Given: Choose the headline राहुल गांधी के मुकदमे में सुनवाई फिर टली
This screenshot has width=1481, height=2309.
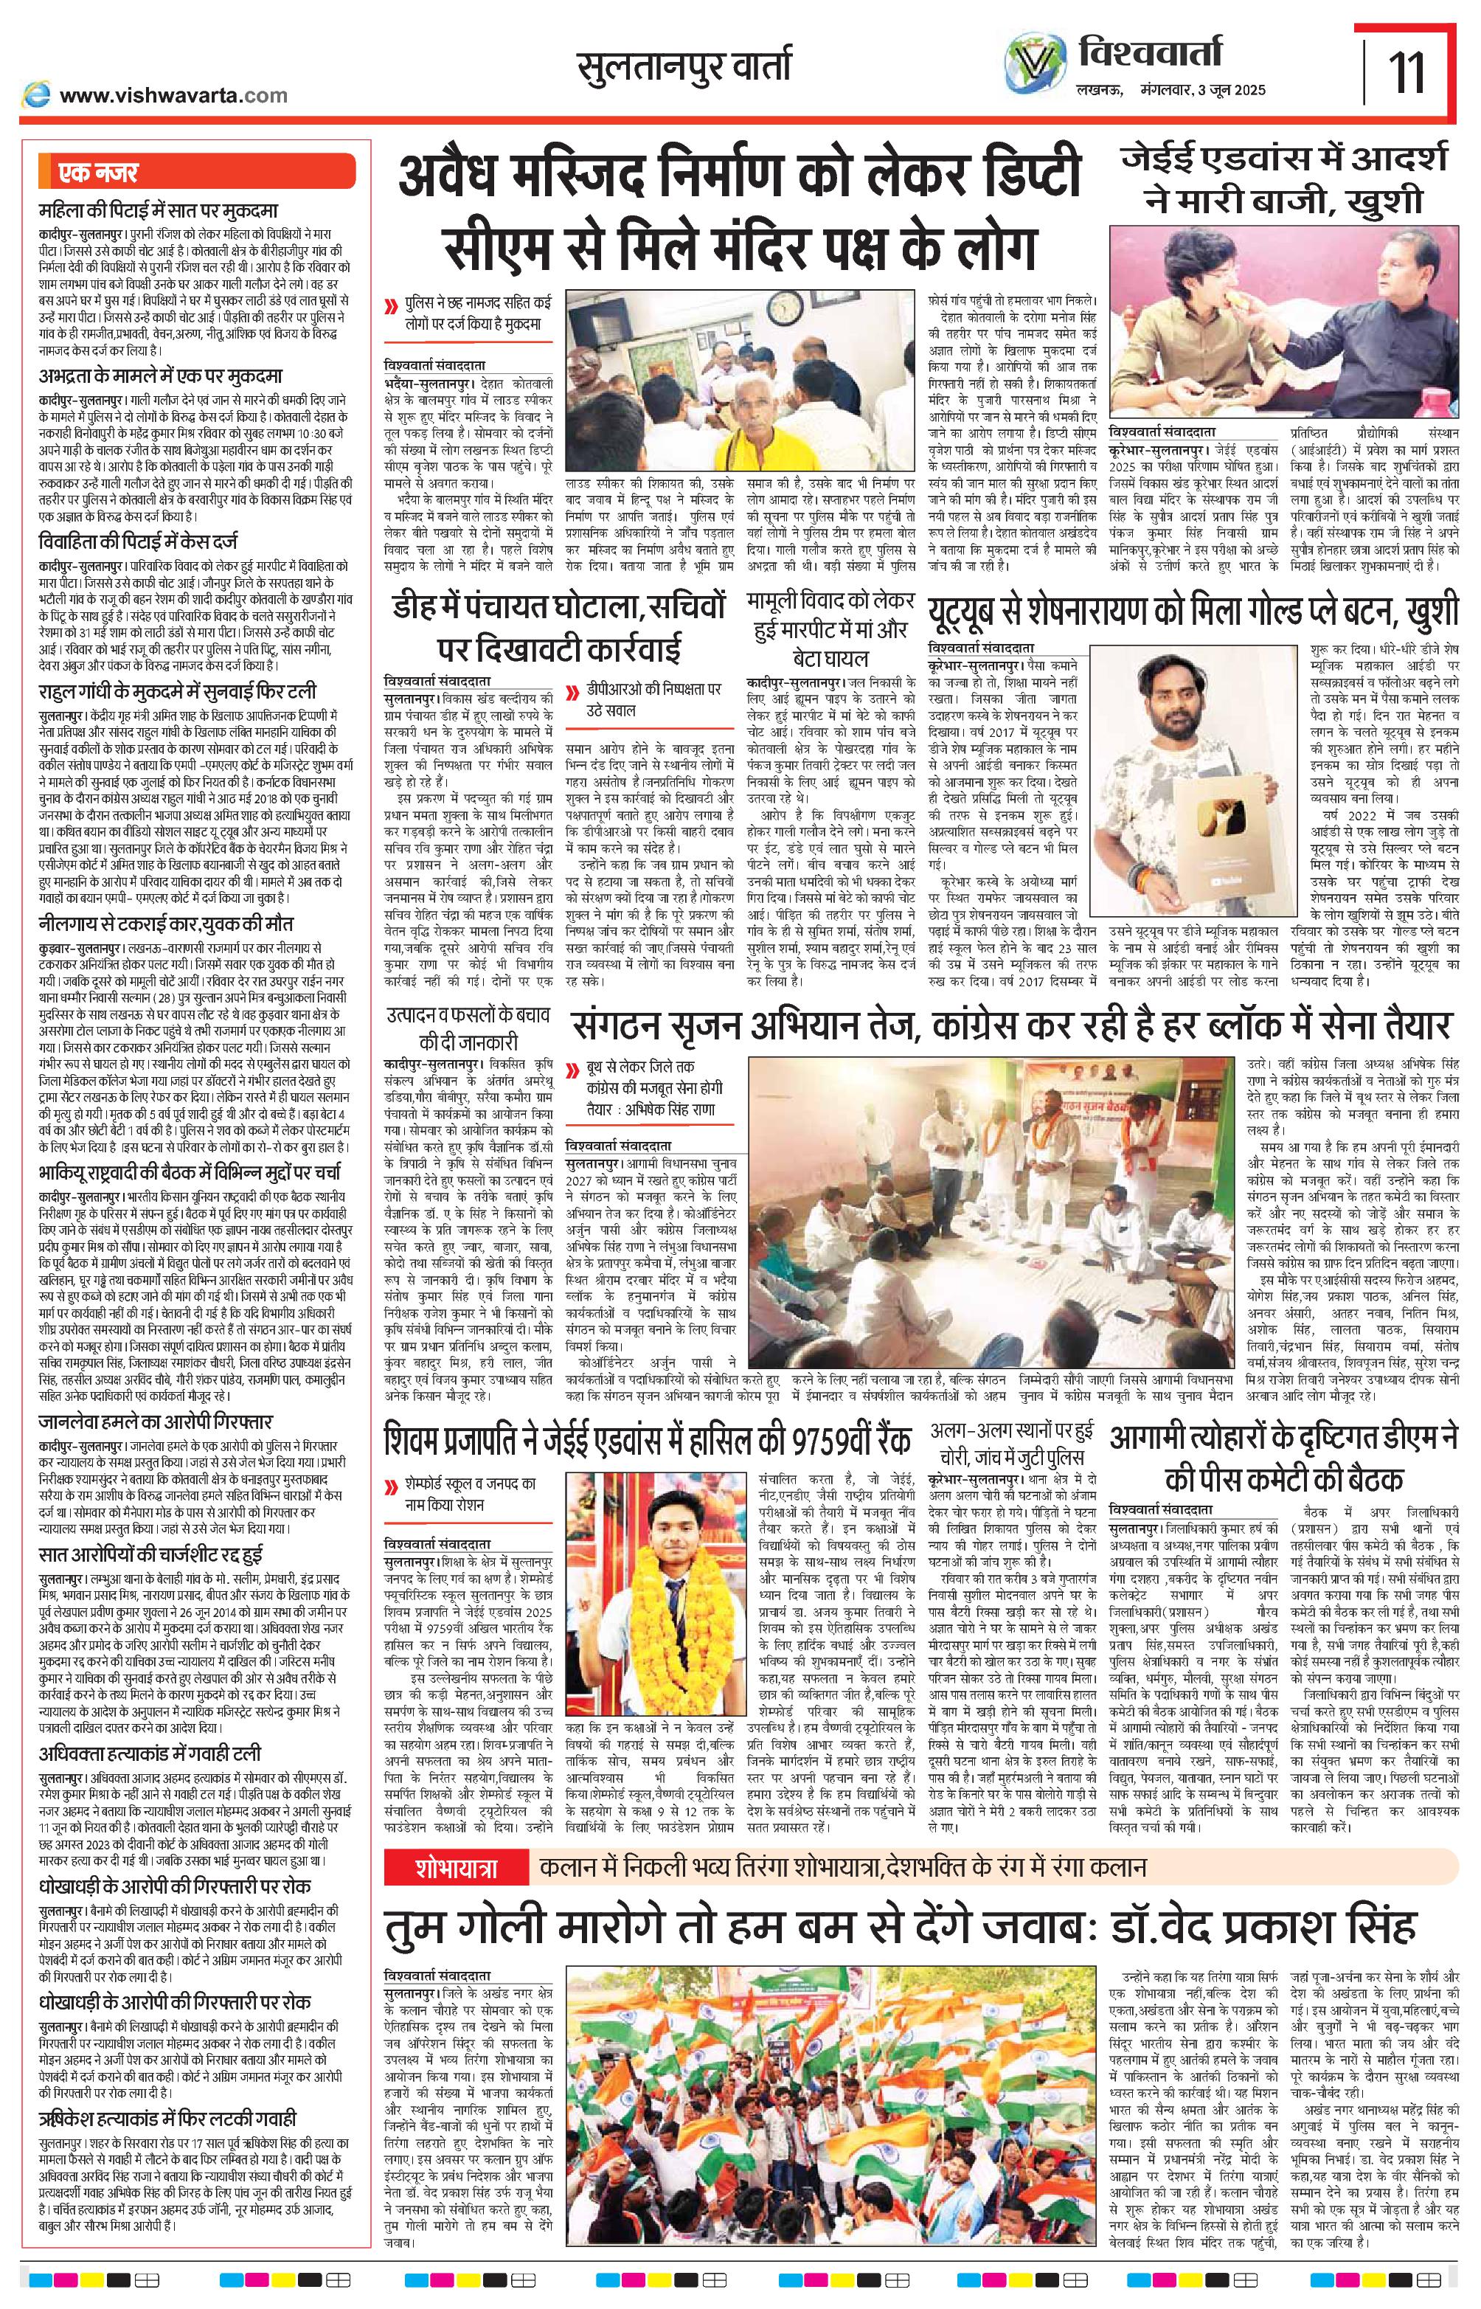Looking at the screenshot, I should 178,693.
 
